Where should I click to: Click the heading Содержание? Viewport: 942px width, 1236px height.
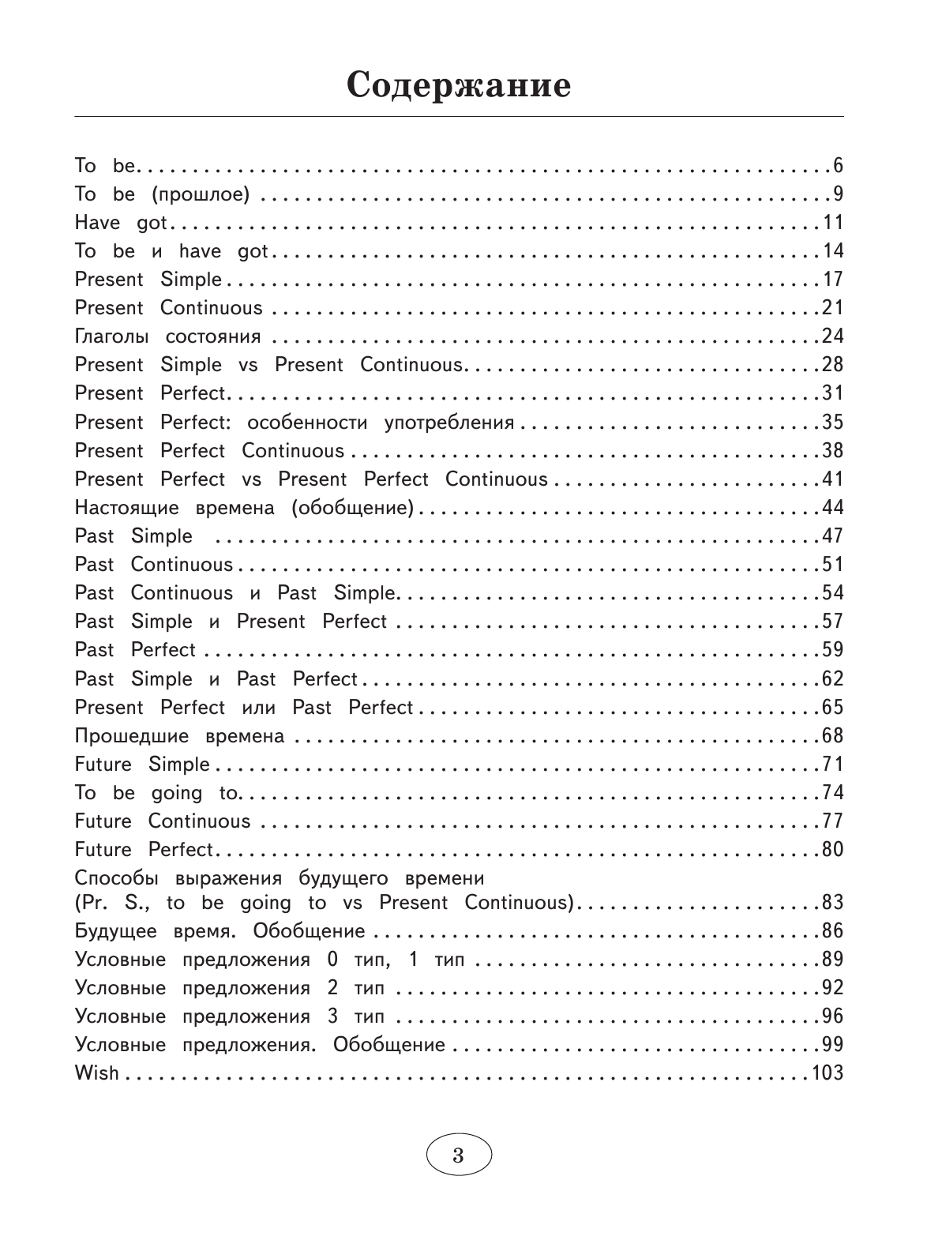459,85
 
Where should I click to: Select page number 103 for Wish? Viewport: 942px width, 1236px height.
828,1073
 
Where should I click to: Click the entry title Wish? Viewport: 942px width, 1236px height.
96,1073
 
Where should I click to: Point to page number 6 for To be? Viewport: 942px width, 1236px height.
838,165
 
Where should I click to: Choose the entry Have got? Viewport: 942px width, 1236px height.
121,223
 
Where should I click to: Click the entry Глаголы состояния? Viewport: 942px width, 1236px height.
167,336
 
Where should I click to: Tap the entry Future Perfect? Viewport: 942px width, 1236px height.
144,850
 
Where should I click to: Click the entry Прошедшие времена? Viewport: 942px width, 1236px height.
179,736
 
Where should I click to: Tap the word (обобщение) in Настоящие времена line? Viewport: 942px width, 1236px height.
352,508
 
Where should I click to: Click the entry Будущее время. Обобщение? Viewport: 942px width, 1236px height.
220,930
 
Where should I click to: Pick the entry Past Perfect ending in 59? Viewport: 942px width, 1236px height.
135,650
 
